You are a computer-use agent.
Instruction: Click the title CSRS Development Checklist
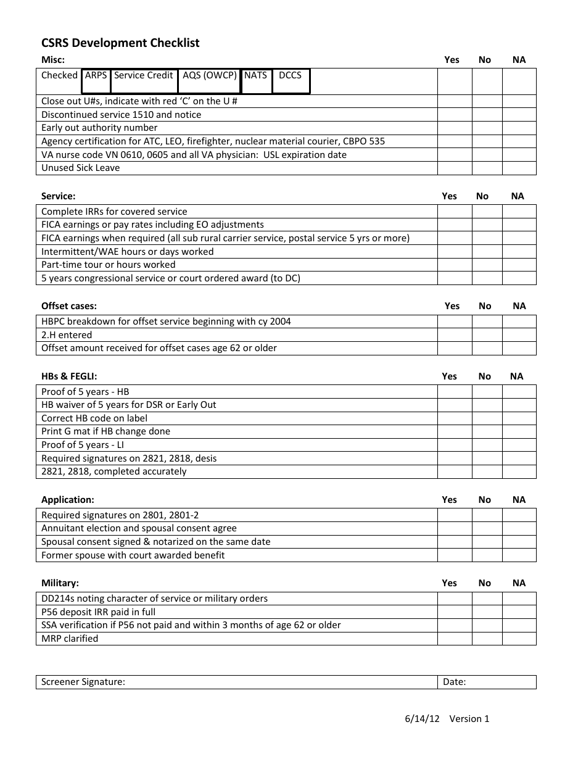(x=120, y=43)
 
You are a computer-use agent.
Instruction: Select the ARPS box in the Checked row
(x=96, y=81)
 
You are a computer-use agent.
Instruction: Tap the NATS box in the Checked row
(x=256, y=81)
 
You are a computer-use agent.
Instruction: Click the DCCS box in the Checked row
(x=291, y=81)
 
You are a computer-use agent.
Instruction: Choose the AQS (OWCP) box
(x=210, y=81)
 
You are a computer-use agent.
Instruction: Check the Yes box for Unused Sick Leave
(x=455, y=168)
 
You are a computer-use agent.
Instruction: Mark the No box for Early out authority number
(x=487, y=128)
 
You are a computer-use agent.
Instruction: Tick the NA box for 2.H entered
(x=519, y=335)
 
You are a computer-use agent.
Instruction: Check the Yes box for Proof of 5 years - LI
(x=455, y=445)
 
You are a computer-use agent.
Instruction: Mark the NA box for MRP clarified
(x=519, y=639)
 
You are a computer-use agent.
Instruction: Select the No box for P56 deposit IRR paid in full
(x=487, y=612)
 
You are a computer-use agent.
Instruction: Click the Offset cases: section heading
(x=69, y=306)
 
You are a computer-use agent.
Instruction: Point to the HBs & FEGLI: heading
(x=69, y=376)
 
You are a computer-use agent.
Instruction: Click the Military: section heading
(x=60, y=583)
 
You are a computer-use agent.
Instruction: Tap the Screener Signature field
(x=237, y=682)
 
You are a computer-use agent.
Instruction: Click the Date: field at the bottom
(x=487, y=682)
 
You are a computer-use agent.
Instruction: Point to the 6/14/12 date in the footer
(x=422, y=718)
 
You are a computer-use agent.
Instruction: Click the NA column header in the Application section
(x=519, y=500)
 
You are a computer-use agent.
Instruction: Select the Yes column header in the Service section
(x=450, y=196)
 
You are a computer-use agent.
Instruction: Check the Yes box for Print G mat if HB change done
(x=455, y=431)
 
